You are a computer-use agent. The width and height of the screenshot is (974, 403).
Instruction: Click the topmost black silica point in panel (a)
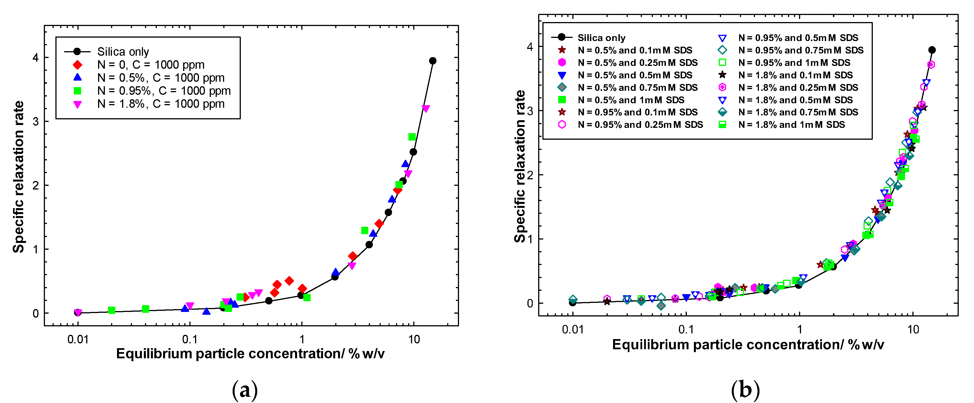[x=432, y=61]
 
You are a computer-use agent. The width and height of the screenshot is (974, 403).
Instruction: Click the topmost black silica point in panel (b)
[x=932, y=50]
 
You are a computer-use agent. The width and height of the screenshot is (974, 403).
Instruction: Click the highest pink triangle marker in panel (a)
[x=426, y=109]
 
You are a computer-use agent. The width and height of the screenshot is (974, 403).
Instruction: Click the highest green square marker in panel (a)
[x=412, y=137]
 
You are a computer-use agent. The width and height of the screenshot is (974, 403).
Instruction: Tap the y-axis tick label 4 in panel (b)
[x=529, y=47]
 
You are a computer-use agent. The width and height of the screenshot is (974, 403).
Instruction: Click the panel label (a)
[x=245, y=390]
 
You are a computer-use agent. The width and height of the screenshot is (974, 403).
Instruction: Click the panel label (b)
[x=745, y=390]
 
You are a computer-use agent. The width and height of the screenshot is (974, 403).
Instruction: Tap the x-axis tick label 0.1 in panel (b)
[x=686, y=329]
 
